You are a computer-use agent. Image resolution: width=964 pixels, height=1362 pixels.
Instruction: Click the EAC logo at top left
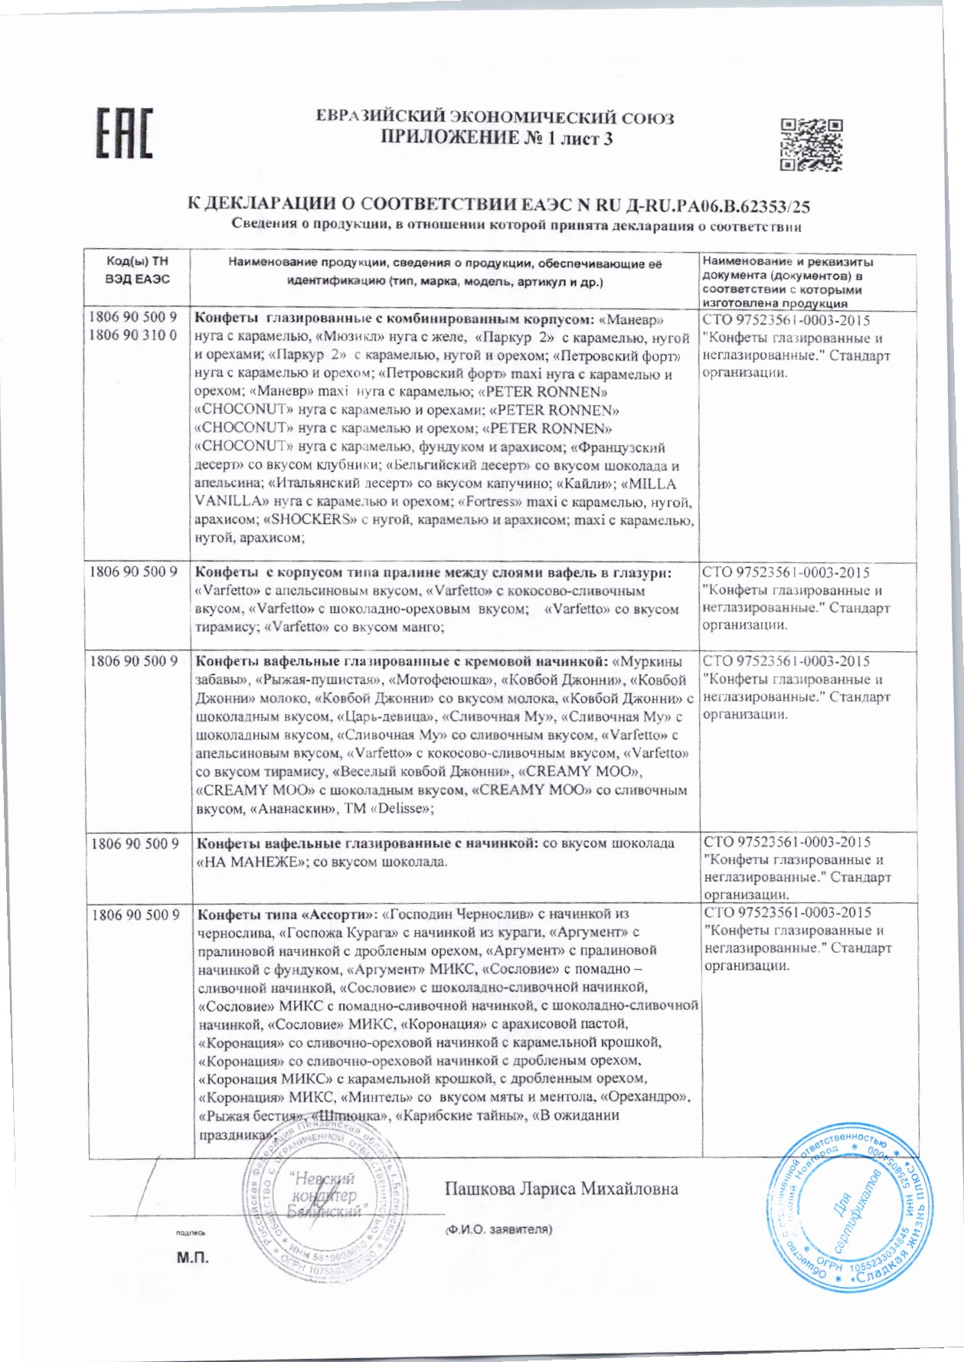pos(124,133)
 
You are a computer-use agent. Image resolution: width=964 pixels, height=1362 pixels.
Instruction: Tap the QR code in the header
pos(811,145)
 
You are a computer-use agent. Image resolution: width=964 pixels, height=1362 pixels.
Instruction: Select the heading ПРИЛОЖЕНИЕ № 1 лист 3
pos(496,138)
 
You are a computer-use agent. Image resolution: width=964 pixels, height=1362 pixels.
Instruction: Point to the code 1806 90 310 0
pos(132,335)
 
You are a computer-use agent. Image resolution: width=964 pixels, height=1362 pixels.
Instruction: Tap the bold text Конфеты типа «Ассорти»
pos(287,914)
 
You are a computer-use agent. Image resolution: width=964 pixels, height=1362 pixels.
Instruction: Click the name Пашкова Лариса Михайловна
pos(560,1189)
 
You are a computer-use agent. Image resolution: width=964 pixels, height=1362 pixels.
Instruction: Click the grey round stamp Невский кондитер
pos(322,1203)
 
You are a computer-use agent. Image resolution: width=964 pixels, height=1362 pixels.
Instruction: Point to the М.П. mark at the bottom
pos(191,1259)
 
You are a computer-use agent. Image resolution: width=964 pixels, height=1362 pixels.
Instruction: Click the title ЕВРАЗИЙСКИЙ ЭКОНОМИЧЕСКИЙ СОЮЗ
pos(495,118)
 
